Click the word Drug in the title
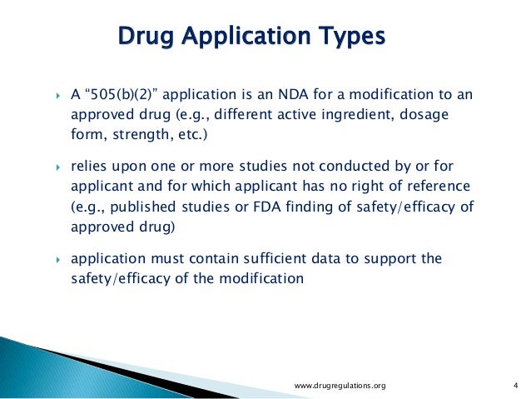(146, 37)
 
